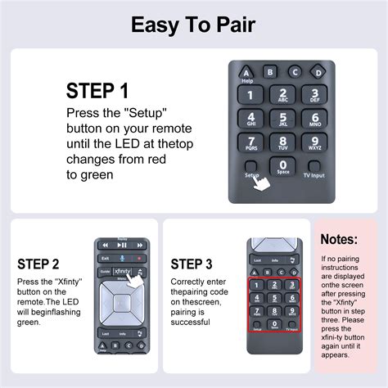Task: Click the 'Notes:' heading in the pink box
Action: pyautogui.click(x=338, y=239)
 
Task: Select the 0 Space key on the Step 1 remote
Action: pyautogui.click(x=282, y=167)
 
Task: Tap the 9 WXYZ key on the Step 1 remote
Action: pyautogui.click(x=315, y=143)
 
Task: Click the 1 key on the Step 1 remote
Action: pyautogui.click(x=250, y=95)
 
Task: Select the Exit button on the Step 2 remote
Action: pyautogui.click(x=105, y=258)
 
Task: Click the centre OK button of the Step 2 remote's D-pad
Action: pyautogui.click(x=120, y=300)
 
